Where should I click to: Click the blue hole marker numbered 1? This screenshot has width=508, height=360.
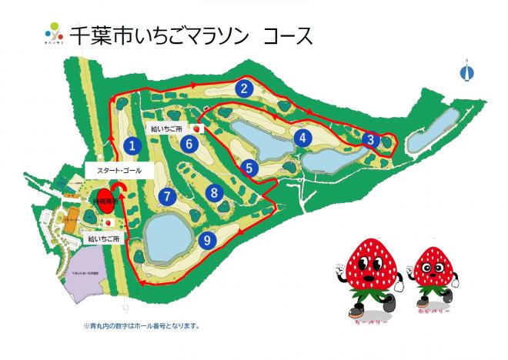click(x=133, y=144)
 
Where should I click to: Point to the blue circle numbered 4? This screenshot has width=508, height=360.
click(x=303, y=138)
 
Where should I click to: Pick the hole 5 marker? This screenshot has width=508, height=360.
click(x=249, y=166)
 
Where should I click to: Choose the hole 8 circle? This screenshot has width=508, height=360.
click(x=215, y=192)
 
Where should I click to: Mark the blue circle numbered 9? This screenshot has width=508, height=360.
click(x=206, y=240)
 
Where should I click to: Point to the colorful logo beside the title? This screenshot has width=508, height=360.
click(x=52, y=35)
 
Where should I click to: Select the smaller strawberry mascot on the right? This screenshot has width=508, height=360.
click(x=433, y=278)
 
